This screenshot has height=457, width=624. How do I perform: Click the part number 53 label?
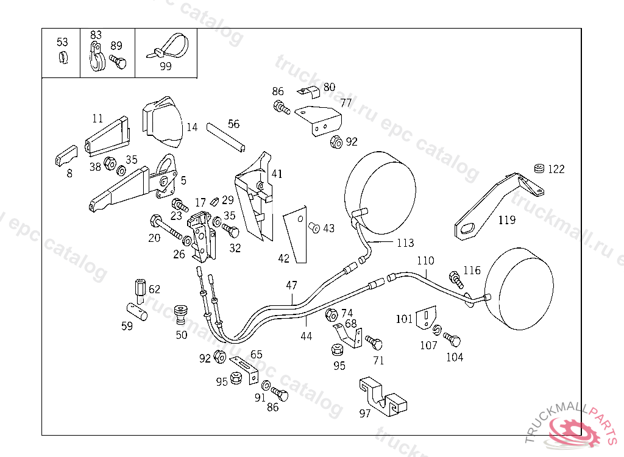coord(62,42)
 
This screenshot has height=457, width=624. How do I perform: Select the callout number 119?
coord(506,220)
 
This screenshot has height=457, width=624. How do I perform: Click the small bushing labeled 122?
coord(539,168)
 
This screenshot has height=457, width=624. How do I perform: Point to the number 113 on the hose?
coord(405,243)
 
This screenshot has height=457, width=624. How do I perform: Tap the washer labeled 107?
coord(437,331)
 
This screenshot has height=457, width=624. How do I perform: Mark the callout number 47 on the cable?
coord(292,285)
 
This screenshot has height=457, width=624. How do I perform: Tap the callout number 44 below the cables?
coord(306,336)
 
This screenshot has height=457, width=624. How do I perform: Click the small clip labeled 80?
coord(310,92)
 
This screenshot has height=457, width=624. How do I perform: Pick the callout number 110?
coord(425,261)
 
